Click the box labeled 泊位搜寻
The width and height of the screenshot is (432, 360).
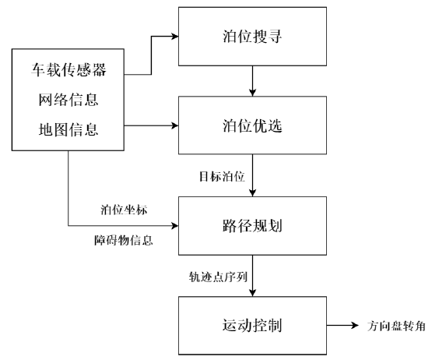click(252, 37)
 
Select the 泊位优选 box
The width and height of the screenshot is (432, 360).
click(252, 125)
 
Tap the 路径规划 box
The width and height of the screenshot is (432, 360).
click(252, 226)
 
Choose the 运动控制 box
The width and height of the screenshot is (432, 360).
click(252, 326)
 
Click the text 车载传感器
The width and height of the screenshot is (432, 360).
click(68, 69)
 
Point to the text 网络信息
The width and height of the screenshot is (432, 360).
click(68, 100)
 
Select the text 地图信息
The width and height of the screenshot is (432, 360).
click(68, 129)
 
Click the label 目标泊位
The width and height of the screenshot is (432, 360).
click(222, 177)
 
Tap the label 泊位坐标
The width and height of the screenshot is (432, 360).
click(124, 210)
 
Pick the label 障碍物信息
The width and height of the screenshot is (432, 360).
click(124, 240)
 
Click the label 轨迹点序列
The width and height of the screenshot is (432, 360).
click(218, 277)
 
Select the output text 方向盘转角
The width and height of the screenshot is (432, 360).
click(396, 326)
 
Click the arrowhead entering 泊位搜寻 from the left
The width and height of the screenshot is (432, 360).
click(175, 36)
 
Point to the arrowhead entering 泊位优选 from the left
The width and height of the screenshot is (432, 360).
click(175, 125)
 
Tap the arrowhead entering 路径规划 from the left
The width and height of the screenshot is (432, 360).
click(175, 226)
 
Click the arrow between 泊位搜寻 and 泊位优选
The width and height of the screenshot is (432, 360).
click(252, 81)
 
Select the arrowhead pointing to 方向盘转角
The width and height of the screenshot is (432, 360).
click(355, 326)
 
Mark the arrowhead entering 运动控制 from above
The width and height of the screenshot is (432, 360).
click(252, 293)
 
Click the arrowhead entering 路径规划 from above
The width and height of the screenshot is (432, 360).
click(252, 192)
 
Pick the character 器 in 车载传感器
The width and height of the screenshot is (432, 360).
click(99, 69)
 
